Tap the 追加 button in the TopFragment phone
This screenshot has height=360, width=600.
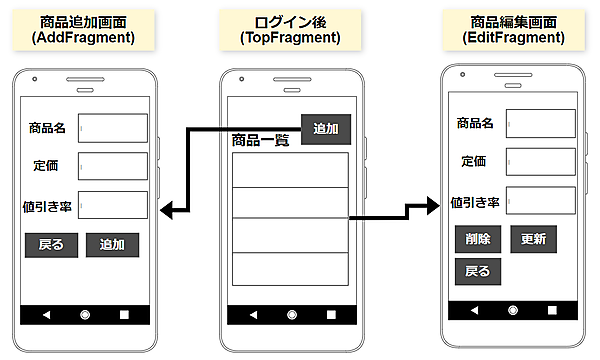pyautogui.click(x=326, y=129)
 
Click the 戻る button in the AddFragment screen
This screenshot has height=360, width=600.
pyautogui.click(x=51, y=245)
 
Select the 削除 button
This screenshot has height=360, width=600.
pyautogui.click(x=478, y=239)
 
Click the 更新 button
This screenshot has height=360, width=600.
pyautogui.click(x=533, y=239)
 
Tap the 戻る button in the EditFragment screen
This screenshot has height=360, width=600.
pyautogui.click(x=478, y=272)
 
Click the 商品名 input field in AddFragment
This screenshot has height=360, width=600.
pyautogui.click(x=113, y=128)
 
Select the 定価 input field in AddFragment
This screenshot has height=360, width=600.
pyautogui.click(x=113, y=166)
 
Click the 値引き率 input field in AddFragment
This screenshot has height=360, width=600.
pyautogui.click(x=113, y=205)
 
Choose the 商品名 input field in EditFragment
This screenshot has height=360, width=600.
pyautogui.click(x=541, y=124)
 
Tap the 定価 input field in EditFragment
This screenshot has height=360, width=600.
pyautogui.click(x=541, y=162)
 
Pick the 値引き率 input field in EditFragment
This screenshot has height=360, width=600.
pyautogui.click(x=541, y=200)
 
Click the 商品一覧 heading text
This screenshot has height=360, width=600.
pyautogui.click(x=260, y=140)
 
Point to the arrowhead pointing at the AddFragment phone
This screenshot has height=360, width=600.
pyautogui.click(x=166, y=210)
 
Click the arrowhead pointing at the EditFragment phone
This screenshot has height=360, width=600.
pyautogui.click(x=434, y=206)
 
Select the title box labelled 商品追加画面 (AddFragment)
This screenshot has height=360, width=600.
pyautogui.click(x=83, y=30)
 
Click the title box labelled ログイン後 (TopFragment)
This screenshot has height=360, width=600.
pyautogui.click(x=290, y=30)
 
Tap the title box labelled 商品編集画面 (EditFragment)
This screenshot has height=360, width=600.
pyautogui.click(x=514, y=30)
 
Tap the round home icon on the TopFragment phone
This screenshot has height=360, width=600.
pyautogui.click(x=292, y=315)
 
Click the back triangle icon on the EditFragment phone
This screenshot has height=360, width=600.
pyautogui.click(x=474, y=310)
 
